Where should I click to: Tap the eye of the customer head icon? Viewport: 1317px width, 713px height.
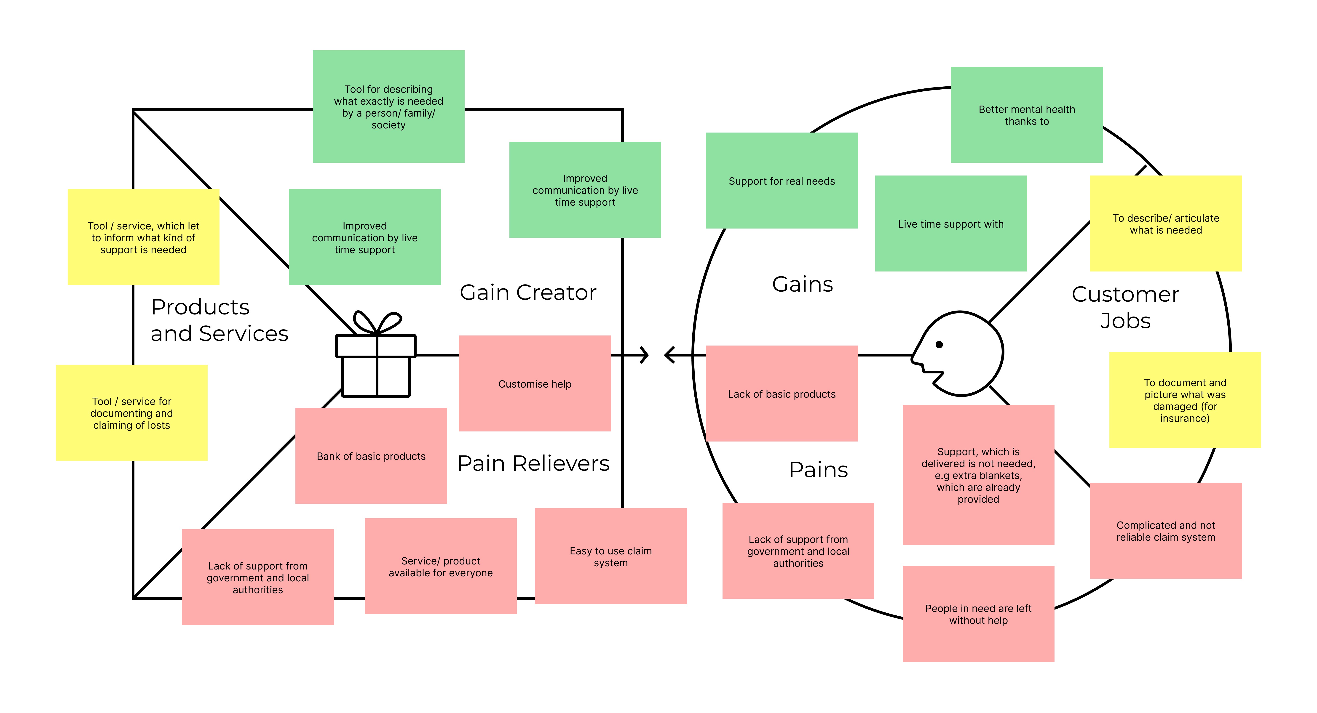939,344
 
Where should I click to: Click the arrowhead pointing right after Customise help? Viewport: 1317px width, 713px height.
644,355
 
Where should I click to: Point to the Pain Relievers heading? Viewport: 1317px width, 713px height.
533,463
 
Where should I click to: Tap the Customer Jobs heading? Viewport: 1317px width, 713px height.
1125,307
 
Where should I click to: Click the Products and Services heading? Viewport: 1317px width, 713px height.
219,320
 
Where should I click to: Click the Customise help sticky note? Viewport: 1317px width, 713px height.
535,383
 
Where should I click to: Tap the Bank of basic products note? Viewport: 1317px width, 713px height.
371,455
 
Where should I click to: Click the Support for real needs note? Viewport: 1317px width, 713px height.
782,181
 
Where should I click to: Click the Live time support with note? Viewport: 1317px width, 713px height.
951,223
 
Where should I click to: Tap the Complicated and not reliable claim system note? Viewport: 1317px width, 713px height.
1166,531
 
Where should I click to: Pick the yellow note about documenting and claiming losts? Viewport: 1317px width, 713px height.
131,412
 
